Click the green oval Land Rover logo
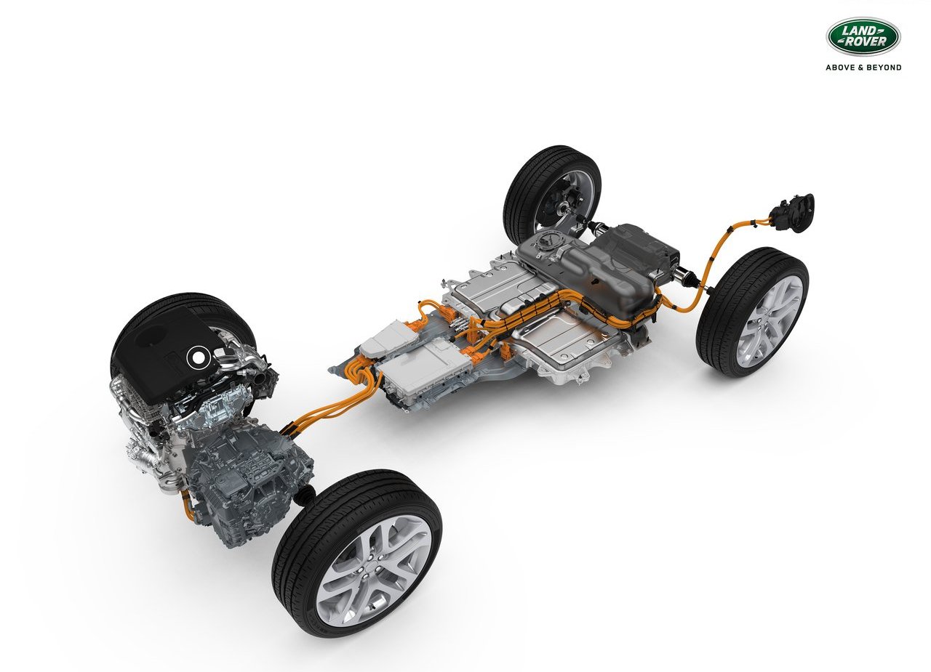coord(863,36)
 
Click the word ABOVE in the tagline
coord(839,68)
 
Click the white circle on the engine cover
coord(196,357)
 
